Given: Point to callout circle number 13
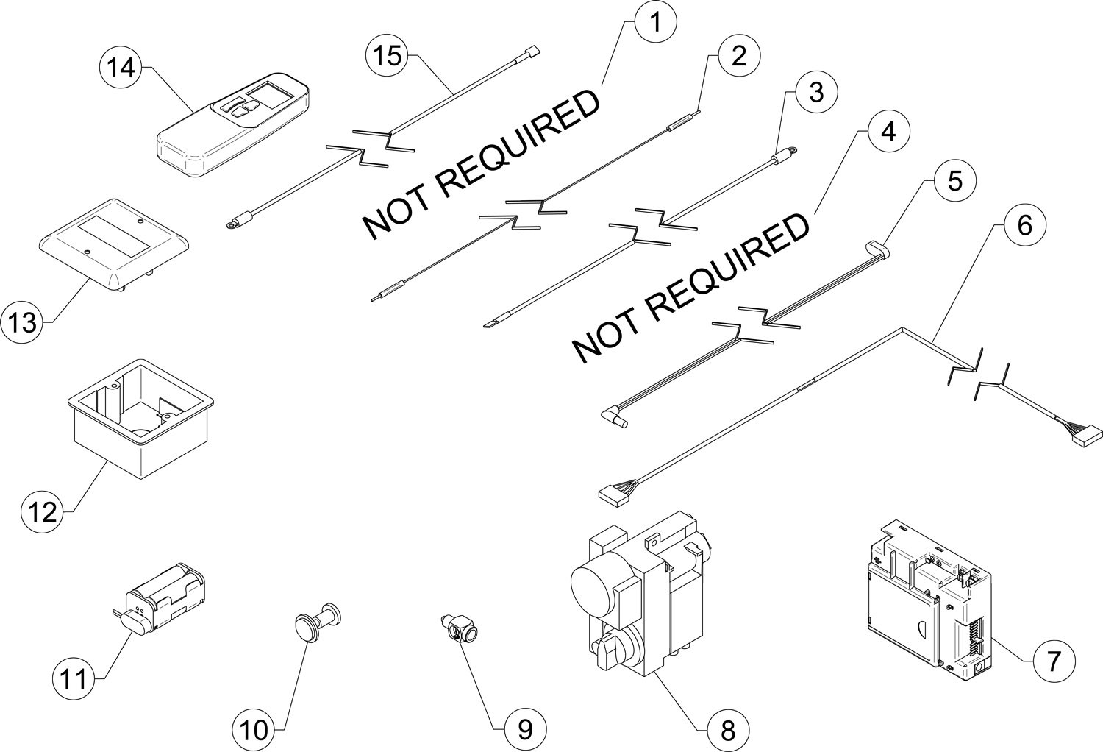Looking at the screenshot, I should tap(23, 322).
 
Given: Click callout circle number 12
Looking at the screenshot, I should tap(43, 510).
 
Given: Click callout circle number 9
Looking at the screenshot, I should tap(524, 728).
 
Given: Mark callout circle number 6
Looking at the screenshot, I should tap(1024, 224).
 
